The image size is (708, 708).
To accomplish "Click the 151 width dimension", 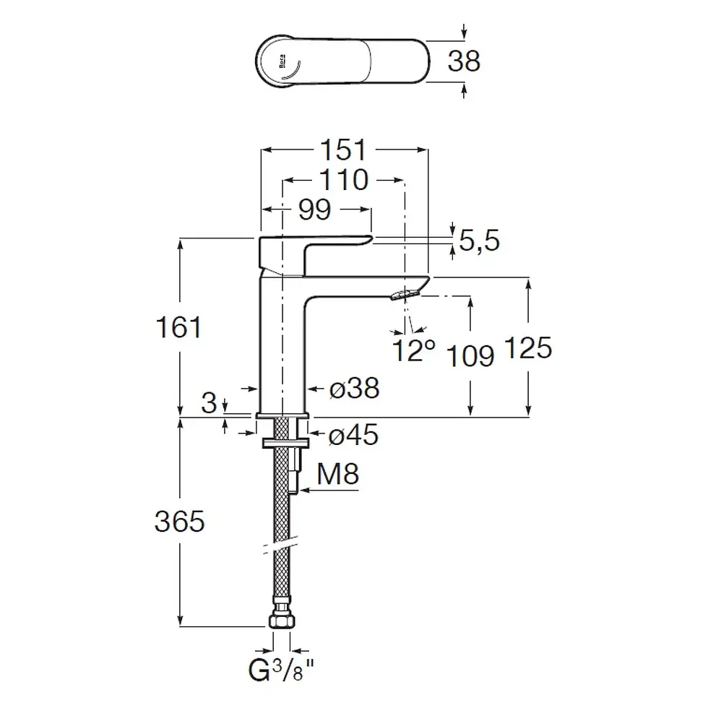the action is point(342,150).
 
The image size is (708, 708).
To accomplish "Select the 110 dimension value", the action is point(344,180).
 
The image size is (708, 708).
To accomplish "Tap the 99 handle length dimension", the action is point(315,210).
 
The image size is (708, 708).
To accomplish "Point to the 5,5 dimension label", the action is point(479,240).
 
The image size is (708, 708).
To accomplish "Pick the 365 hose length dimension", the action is point(179,521).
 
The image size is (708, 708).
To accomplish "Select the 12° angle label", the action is point(413,350).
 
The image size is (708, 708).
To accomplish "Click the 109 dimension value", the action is point(470,356).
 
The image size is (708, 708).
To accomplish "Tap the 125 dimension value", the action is point(528,347).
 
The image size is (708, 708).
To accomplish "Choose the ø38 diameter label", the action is point(355,388).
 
